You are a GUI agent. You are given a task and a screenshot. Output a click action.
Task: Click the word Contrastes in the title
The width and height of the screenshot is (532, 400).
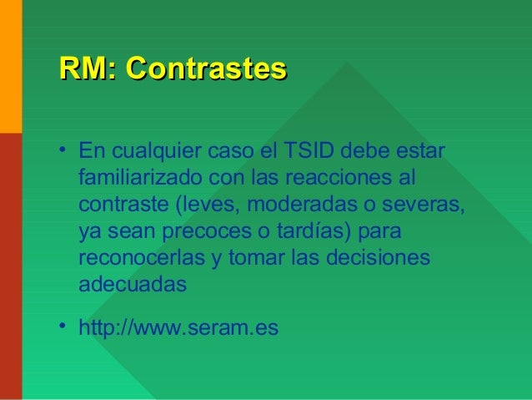tap(206, 68)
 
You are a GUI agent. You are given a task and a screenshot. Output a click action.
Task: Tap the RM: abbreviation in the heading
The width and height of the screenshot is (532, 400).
tap(88, 68)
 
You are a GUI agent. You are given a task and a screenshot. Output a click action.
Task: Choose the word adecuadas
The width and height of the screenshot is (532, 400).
tap(132, 283)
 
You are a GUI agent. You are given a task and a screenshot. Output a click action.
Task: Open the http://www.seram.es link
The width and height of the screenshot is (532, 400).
tap(178, 327)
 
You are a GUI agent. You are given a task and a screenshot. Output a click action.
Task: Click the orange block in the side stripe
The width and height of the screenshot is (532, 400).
tap(10, 67)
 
